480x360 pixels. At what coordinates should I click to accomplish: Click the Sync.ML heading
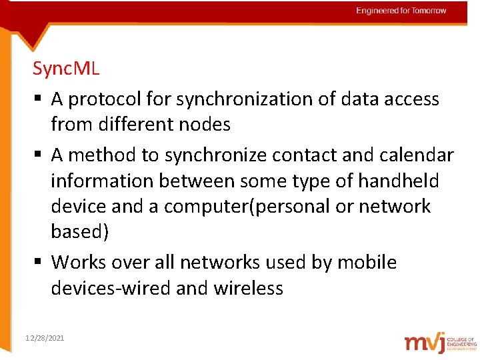click(x=66, y=69)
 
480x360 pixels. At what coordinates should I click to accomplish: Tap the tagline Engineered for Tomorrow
click(x=401, y=11)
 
